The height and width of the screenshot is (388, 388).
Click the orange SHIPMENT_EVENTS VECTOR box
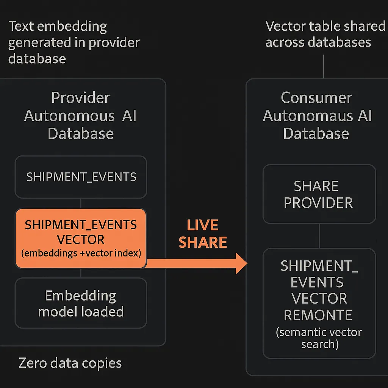point(81,238)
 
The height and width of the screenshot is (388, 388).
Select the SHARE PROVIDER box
point(319,194)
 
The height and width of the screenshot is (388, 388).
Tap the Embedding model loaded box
point(81,303)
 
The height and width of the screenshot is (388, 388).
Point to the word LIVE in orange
point(203,225)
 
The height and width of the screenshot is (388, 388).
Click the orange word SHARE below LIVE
point(203,242)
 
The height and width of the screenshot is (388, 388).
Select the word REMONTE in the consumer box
point(318,315)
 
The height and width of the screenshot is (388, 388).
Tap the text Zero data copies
point(70,363)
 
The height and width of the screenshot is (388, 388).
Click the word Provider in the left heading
point(80,97)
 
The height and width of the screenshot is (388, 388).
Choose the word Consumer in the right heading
point(316,97)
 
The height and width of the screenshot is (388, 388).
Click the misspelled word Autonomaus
point(308,116)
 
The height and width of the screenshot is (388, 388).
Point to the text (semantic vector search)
point(319,338)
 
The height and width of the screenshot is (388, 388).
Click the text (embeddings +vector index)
point(81,253)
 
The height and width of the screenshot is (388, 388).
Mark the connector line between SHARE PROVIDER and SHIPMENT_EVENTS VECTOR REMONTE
point(319,236)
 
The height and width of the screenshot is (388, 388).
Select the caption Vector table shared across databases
point(325,34)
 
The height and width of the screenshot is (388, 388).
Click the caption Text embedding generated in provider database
point(74,42)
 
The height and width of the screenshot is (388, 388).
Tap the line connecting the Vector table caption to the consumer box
point(324,67)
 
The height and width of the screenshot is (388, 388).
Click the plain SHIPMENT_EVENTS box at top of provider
point(81,177)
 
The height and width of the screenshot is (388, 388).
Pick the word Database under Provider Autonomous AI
point(81,134)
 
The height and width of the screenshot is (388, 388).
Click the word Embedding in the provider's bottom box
point(80,296)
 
